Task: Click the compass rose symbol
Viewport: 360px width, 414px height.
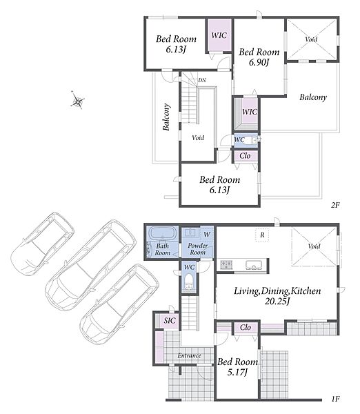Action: coord(77,101)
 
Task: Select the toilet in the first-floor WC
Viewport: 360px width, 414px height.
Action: coord(188,282)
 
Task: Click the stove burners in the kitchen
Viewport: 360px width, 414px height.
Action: coord(226,264)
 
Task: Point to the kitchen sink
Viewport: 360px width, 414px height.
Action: coord(254,264)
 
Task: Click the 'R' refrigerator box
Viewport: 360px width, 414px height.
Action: coord(262,235)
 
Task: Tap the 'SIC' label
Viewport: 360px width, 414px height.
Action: coord(170,321)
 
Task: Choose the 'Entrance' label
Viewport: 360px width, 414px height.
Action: coord(189,355)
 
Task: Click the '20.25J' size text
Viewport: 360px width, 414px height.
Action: coord(277,301)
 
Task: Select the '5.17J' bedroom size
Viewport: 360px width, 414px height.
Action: coord(237,372)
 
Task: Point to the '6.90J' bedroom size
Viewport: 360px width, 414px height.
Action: coord(259,62)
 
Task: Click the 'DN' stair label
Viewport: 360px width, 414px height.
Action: coord(202,80)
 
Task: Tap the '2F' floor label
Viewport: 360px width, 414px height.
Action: coord(335,205)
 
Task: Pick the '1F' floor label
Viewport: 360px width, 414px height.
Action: coord(335,399)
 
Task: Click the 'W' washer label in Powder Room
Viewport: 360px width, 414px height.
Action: coord(207,234)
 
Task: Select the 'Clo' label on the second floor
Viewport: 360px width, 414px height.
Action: coord(245,156)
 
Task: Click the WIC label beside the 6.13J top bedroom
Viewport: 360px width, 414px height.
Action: coord(219,35)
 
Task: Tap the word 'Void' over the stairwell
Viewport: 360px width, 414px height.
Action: coord(198,137)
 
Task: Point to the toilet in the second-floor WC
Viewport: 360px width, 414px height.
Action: coord(251,140)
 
